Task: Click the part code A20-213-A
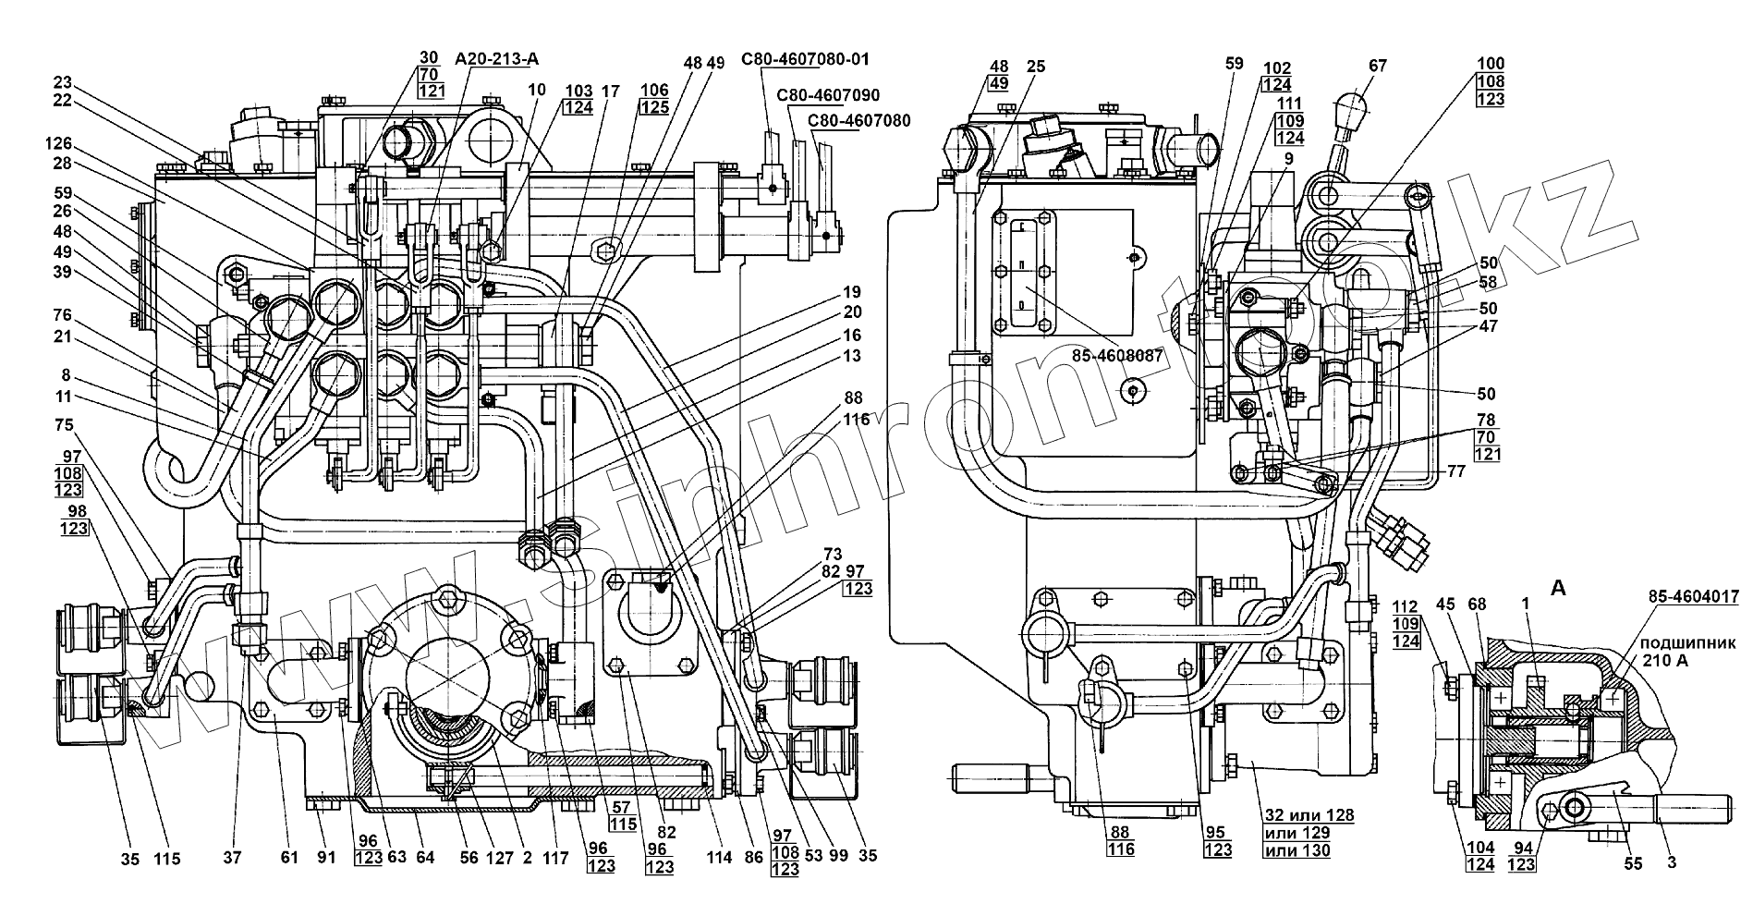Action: pos(496,60)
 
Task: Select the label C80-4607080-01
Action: pos(805,60)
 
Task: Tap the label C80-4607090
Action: pos(828,95)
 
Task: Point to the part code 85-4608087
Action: pos(1115,354)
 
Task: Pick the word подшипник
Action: pos(1682,642)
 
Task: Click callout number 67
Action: pos(1377,66)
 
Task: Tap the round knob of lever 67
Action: pos(1353,102)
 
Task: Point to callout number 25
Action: pos(1035,67)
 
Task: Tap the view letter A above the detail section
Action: pos(1557,589)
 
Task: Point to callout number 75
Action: pos(64,426)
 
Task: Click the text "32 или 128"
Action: pos(1307,815)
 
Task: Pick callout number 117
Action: pos(555,858)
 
